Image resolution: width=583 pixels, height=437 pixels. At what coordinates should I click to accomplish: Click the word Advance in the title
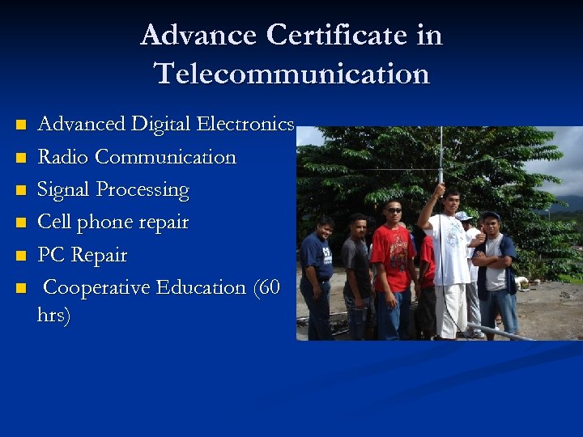(198, 36)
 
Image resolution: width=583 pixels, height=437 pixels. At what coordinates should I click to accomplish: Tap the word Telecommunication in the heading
(291, 74)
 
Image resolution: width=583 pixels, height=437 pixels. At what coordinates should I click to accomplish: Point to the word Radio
(63, 157)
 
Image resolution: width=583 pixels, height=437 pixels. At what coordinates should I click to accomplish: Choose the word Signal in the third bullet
(64, 190)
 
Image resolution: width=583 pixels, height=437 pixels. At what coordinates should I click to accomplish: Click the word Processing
(143, 190)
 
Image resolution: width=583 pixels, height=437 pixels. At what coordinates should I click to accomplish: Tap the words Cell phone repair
(113, 223)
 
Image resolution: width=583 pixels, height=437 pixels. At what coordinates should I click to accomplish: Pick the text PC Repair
(83, 255)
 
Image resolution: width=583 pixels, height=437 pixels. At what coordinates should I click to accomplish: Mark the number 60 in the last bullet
(266, 287)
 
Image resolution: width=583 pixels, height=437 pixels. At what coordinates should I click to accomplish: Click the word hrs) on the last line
(53, 315)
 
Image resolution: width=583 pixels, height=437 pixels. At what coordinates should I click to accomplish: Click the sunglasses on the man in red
(393, 210)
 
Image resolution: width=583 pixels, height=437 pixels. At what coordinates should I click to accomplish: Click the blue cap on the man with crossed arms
(490, 215)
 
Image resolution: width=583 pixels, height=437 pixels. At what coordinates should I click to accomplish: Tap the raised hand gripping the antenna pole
(440, 189)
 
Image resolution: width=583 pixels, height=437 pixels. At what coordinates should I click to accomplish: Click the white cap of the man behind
(463, 216)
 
